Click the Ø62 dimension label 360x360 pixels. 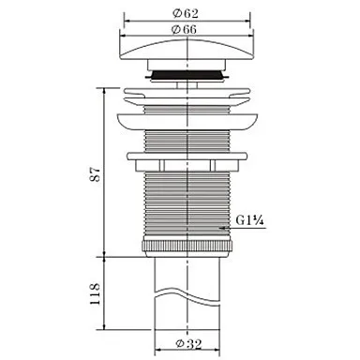186,13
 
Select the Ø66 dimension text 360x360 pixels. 185,29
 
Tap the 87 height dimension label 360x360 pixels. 95,174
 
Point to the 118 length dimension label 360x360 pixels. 95,293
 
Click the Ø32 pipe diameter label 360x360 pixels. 188,344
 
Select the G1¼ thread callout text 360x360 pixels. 250,220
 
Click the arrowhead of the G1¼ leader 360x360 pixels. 222,228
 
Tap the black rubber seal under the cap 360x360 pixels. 187,75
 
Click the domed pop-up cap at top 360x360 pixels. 187,50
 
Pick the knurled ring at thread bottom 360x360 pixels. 187,246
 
